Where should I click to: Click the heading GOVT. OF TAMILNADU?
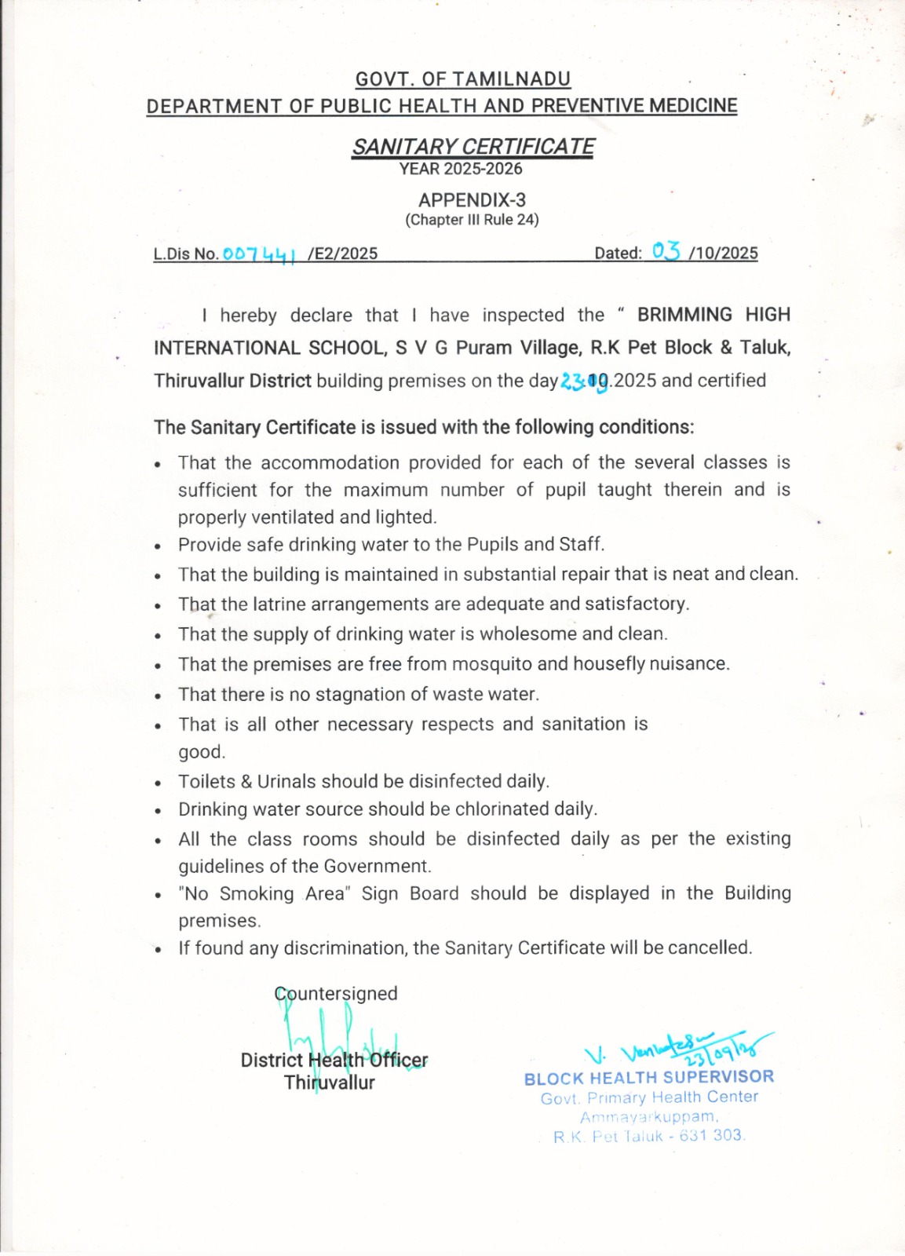click(463, 79)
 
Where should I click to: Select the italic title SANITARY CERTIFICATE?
click(473, 147)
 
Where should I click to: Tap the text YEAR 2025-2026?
click(460, 169)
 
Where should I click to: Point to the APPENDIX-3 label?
click(472, 200)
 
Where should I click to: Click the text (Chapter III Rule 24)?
click(472, 220)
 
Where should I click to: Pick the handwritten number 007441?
click(259, 254)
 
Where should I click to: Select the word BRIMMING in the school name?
click(684, 315)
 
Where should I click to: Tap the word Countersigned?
click(336, 994)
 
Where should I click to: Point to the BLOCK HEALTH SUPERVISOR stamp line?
click(649, 1078)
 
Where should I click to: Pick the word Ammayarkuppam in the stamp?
click(648, 1117)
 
